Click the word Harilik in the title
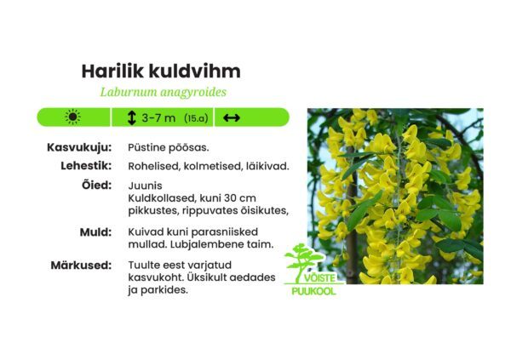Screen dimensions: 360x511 111,71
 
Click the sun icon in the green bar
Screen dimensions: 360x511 73,117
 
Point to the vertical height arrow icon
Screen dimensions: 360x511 131,117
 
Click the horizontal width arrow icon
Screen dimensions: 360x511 231,117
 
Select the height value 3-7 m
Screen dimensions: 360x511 158,117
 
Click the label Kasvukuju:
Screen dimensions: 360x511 79,148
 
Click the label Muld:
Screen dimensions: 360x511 95,231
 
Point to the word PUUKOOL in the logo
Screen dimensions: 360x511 312,291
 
